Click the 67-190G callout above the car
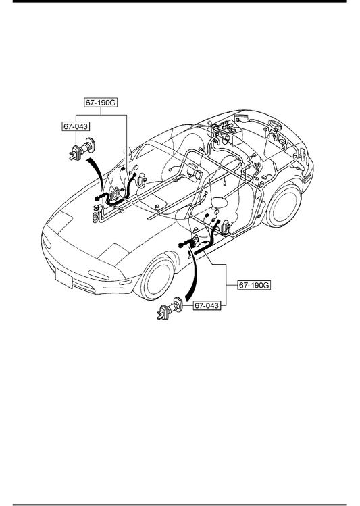pos(101,103)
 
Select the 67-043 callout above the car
pos(76,126)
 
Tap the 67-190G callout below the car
pos(254,285)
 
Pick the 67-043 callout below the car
pos(207,305)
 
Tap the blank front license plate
pos(63,278)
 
